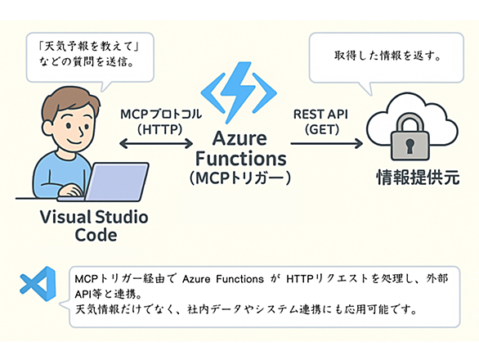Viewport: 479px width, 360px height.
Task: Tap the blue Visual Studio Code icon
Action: [38, 284]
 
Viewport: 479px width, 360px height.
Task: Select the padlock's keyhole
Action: [410, 146]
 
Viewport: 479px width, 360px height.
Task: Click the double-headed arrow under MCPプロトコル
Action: [156, 143]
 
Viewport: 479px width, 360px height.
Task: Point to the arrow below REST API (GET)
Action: [327, 143]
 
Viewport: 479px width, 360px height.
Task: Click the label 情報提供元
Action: [418, 178]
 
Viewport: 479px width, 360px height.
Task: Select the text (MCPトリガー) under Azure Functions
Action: [240, 178]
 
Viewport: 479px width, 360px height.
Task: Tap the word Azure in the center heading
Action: [239, 138]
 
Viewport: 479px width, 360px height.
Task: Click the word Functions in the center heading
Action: [240, 159]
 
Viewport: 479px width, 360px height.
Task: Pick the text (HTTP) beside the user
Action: [159, 129]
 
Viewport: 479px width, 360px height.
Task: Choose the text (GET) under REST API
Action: [322, 129]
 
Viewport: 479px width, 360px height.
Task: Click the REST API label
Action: [320, 114]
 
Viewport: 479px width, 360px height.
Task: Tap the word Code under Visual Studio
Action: [96, 235]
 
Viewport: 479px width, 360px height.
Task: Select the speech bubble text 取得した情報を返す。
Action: [387, 56]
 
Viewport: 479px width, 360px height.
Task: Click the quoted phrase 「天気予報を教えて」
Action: [89, 47]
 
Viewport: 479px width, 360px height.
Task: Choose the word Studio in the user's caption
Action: [122, 217]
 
